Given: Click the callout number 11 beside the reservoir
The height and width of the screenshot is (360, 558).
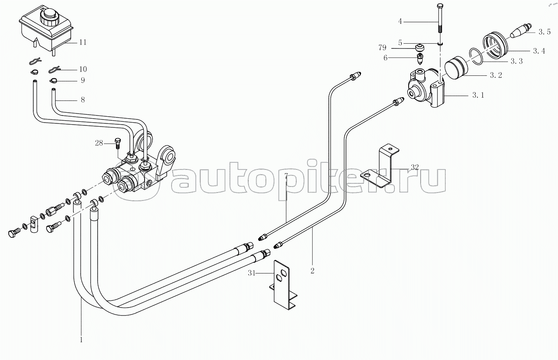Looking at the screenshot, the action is pos(83,42).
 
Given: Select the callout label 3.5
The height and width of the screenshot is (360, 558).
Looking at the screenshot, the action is pos(544,32).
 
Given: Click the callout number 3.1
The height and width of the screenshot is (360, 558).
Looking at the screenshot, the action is pos(478,95).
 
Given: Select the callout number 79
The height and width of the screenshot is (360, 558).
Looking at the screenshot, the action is pos(382,48).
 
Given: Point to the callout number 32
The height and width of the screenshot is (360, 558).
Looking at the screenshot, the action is pos(415,167).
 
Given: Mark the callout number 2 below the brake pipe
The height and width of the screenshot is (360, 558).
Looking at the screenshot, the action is pos(313,271).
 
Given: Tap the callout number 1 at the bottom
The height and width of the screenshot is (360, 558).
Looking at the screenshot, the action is pos(81,340).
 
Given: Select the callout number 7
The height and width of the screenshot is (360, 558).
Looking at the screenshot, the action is pos(286,175).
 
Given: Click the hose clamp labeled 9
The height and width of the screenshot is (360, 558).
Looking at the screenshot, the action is pos(53,81).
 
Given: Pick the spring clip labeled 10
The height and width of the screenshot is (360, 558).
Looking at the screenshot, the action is pos(54,69).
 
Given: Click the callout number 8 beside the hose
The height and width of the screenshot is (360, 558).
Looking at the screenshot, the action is pos(83,100).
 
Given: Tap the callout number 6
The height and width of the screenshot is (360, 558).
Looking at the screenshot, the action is pos(386,58).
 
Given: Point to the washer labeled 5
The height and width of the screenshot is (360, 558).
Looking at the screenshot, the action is pos(440,44).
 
